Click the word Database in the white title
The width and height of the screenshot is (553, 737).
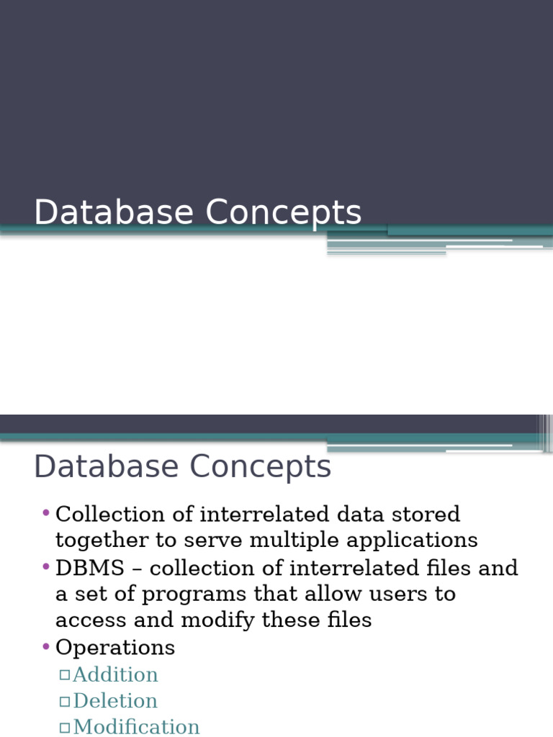click(114, 212)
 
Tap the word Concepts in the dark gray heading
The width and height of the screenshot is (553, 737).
click(260, 466)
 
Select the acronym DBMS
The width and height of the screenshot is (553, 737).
click(90, 569)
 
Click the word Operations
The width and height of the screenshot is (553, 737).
click(115, 648)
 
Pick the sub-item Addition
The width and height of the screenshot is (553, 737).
click(116, 674)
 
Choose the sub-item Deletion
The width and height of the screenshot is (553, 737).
click(115, 701)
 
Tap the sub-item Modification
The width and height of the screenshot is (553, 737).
click(136, 727)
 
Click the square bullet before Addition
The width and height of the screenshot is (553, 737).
click(65, 675)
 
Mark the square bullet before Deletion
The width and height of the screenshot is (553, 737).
click(65, 702)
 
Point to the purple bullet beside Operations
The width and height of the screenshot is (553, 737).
click(46, 647)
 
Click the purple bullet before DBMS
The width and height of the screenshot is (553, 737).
click(46, 567)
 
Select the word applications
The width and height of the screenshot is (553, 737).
click(412, 541)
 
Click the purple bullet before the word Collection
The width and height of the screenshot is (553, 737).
click(46, 512)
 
